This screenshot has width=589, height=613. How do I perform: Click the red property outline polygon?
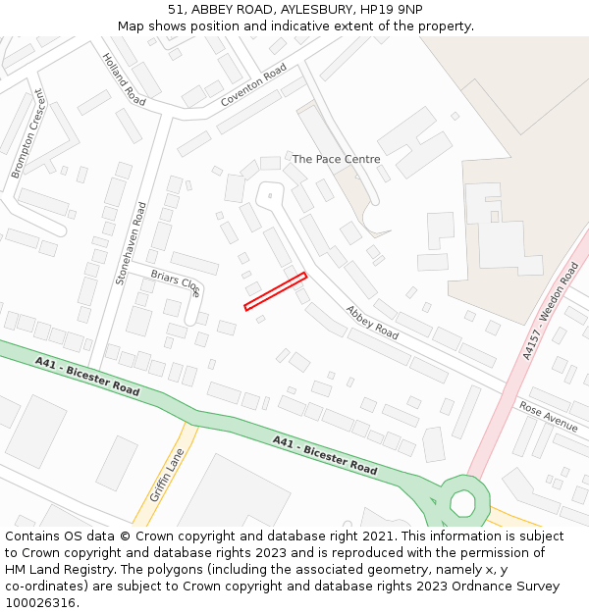pos(276,291)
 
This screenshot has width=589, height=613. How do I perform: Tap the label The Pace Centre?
pos(336,159)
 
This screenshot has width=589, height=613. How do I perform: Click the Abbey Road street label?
pos(371,322)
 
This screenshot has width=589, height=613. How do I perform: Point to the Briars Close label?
pos(176,281)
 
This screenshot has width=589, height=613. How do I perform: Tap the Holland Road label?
pos(124,79)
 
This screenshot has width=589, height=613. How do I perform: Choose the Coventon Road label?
pos(253,86)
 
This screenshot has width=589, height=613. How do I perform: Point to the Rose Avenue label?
pos(549,416)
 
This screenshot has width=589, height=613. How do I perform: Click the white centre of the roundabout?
pos(462,503)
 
